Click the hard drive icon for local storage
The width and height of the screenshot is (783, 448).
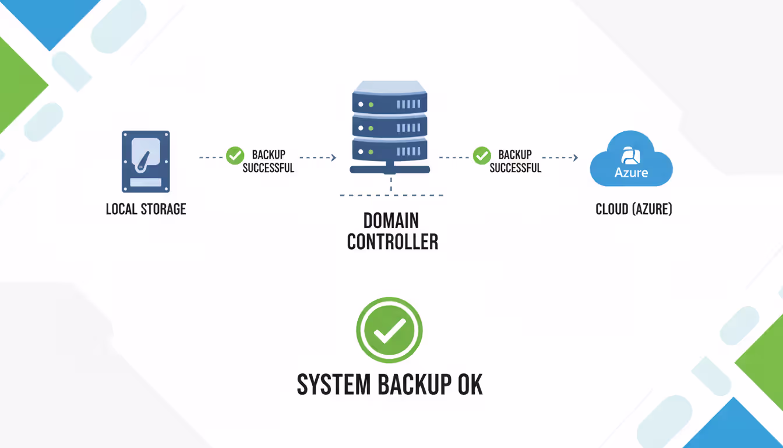pos(146,162)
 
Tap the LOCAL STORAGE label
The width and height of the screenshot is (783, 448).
pos(146,209)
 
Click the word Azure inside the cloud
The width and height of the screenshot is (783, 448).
pos(632,173)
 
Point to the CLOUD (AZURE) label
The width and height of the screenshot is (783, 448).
pos(634,209)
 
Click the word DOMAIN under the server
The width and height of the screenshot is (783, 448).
pos(391,220)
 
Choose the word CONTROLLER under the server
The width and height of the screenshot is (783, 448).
pos(392,242)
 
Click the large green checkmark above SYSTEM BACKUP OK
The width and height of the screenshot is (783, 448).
pos(389,330)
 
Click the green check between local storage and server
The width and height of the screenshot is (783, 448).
pos(235,156)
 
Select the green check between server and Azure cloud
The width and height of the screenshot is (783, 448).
pos(481,156)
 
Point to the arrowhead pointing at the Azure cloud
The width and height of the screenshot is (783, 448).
pos(576,157)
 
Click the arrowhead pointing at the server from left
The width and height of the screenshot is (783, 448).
pos(334,157)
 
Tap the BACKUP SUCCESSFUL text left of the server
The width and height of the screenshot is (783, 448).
pos(269,161)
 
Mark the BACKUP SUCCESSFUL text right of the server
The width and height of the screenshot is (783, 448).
pos(515,161)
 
